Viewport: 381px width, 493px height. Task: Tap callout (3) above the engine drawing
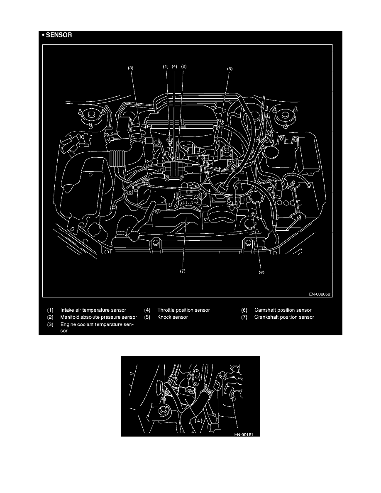(131, 68)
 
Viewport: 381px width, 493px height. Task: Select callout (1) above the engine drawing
(166, 66)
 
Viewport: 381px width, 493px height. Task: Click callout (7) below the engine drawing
(183, 271)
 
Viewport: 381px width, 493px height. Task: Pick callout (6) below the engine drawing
(261, 272)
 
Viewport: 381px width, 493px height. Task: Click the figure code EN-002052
(320, 294)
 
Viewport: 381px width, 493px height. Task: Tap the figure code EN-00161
(244, 434)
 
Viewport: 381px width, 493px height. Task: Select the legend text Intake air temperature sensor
(93, 310)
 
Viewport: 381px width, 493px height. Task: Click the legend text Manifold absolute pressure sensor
(99, 317)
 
